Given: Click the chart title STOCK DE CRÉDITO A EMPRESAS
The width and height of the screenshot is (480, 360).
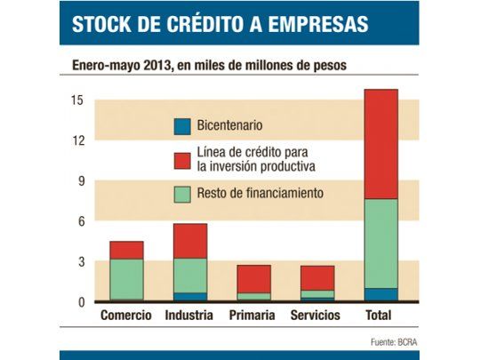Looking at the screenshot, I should click(219, 23).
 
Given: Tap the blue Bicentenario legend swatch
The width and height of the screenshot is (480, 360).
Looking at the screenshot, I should click(182, 126).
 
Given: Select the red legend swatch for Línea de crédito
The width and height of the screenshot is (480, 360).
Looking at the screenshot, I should click(182, 159).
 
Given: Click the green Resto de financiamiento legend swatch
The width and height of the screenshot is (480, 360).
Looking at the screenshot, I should click(182, 193).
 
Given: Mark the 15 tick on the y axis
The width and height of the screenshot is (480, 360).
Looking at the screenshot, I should click(77, 100).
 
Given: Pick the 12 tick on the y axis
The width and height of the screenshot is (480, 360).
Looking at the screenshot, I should click(77, 140).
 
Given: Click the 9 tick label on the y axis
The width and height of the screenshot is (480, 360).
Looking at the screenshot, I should click(80, 181).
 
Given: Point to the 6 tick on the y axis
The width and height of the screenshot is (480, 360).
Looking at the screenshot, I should click(80, 221).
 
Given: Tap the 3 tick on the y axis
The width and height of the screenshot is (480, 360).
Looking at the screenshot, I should click(80, 262).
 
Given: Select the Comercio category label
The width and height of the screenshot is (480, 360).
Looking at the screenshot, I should click(126, 316).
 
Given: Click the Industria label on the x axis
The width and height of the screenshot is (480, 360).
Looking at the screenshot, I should click(189, 316).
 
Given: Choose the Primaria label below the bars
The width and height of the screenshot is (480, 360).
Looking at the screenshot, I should click(253, 316).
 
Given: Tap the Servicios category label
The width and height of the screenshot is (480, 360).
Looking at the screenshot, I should click(317, 316).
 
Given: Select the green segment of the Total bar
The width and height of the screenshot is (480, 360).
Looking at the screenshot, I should click(380, 243).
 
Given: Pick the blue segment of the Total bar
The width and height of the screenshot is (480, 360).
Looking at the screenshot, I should click(380, 294).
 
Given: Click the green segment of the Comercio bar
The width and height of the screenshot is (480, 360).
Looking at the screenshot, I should click(126, 279).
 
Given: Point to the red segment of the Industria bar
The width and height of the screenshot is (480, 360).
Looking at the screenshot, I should click(189, 241).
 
